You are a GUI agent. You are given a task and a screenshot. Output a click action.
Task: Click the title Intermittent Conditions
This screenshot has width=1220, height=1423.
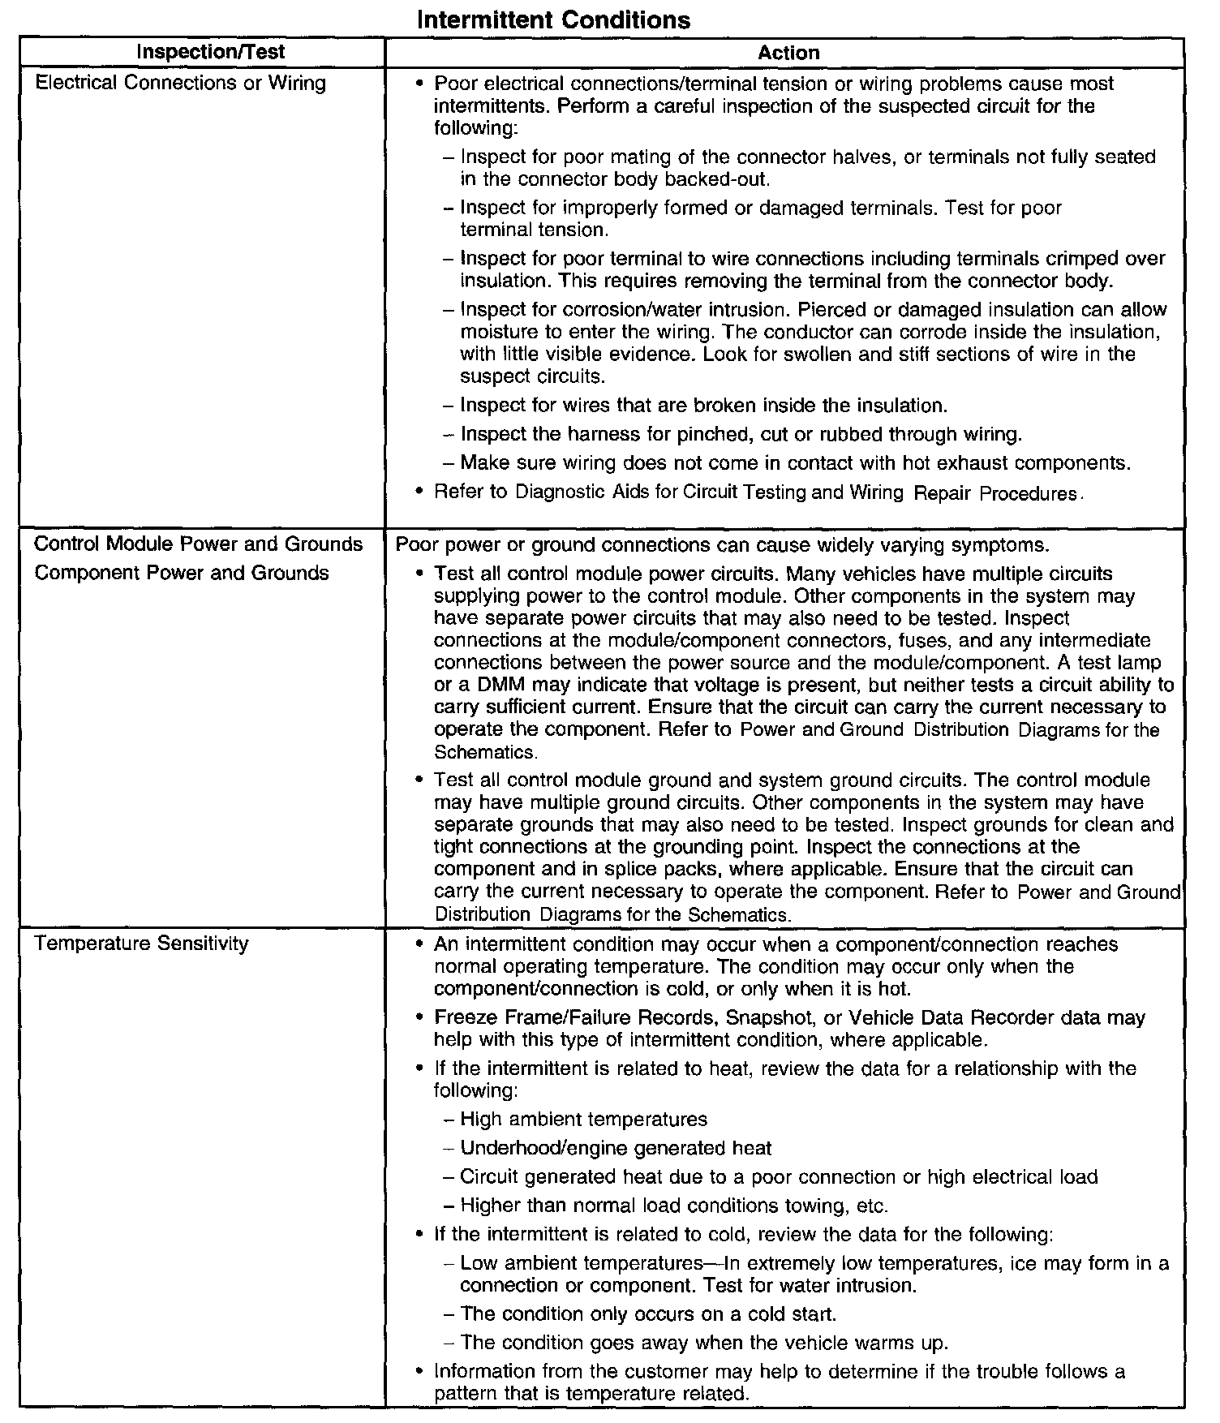553,19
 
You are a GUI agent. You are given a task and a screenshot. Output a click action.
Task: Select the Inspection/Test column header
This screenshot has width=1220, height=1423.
211,53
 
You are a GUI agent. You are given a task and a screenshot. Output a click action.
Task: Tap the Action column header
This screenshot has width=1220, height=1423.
788,54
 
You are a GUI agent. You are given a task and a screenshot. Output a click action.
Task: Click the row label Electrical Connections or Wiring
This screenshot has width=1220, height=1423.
181,83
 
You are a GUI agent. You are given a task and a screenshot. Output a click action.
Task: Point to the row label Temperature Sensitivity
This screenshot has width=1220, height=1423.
142,944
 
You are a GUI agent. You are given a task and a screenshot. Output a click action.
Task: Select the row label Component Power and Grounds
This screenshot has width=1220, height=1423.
183,573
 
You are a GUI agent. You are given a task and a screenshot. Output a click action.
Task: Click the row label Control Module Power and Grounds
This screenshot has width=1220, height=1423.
199,544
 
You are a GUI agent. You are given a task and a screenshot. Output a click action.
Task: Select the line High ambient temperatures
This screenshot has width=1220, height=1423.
583,1120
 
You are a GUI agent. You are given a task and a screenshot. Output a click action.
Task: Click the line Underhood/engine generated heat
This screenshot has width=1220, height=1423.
616,1148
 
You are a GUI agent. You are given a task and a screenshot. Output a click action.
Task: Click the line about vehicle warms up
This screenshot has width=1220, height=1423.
703,1343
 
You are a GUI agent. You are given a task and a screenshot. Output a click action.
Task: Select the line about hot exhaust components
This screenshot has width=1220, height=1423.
795,463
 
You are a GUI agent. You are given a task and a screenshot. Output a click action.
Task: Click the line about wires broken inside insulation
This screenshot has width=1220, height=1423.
703,405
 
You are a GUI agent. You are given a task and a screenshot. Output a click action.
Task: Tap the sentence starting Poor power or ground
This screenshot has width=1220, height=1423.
723,544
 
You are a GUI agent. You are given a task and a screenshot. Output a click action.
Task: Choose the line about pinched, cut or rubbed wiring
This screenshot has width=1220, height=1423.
741,434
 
